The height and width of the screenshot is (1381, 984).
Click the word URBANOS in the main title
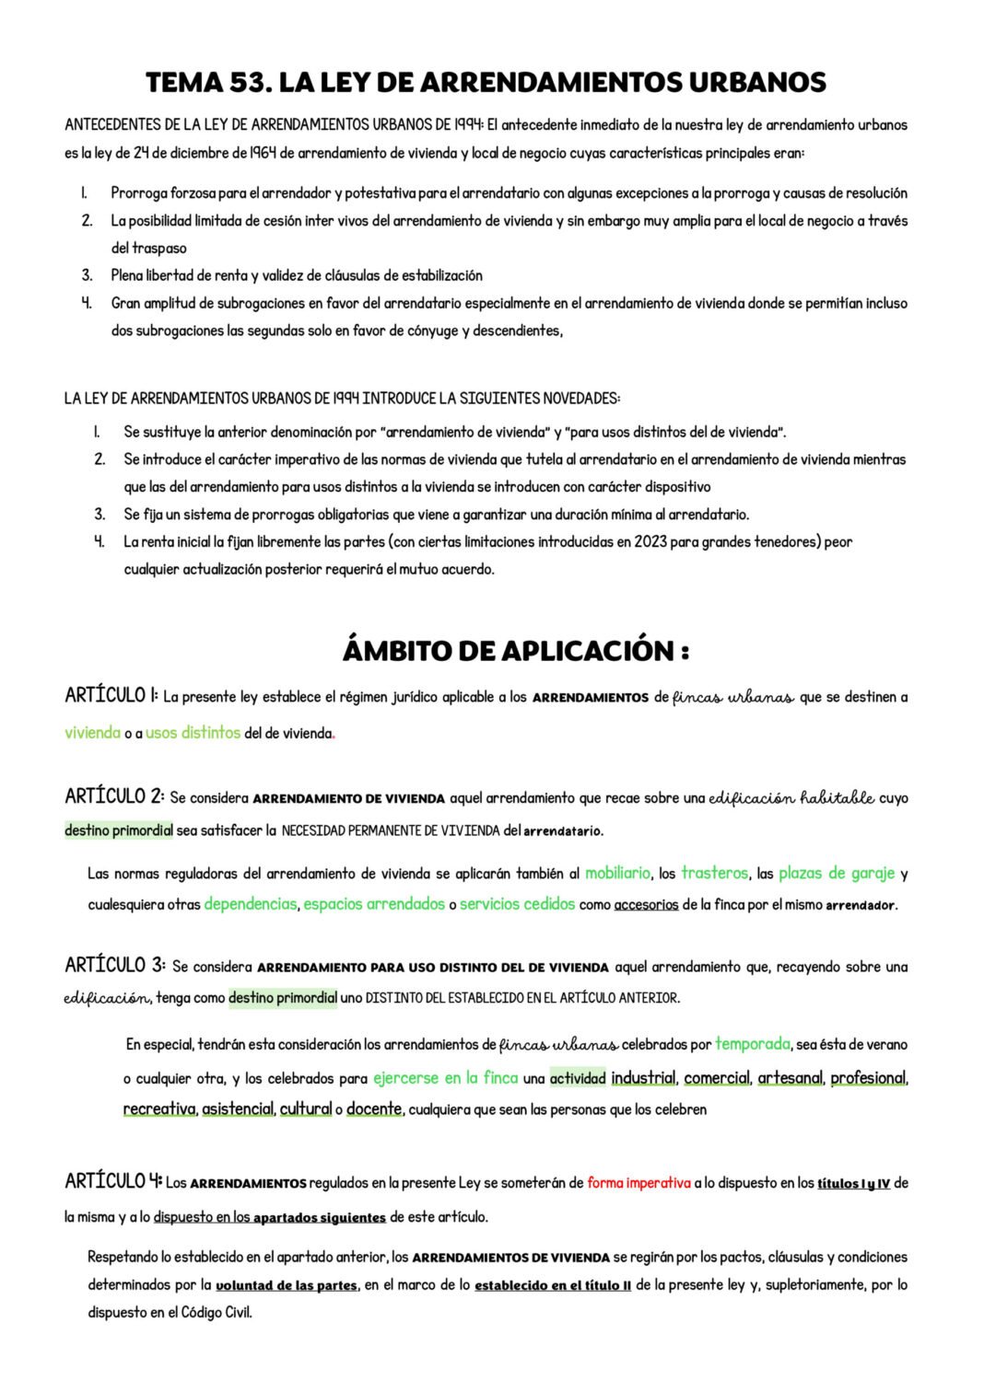(x=756, y=83)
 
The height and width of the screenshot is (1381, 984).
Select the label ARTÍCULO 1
(x=111, y=696)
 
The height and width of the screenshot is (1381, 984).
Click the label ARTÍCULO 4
(x=113, y=1181)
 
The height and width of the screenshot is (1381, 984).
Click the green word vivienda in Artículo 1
(x=92, y=734)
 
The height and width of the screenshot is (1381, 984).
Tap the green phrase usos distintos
(x=193, y=734)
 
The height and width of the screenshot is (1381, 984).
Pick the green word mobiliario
(x=617, y=874)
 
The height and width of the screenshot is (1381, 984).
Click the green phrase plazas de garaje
(x=837, y=874)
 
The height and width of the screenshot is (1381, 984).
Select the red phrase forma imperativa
(x=638, y=1183)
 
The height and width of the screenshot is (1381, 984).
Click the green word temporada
(x=753, y=1044)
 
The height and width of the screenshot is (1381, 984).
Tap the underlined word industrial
(x=643, y=1078)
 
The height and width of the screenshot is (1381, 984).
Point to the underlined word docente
(x=374, y=1109)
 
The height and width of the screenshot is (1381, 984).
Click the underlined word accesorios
(x=646, y=905)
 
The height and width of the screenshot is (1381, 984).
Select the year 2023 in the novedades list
(x=650, y=542)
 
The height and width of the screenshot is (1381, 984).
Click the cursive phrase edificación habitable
(x=791, y=798)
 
